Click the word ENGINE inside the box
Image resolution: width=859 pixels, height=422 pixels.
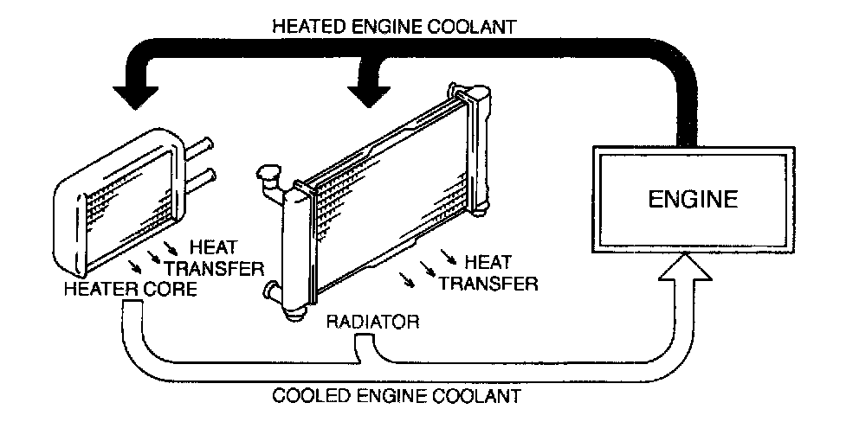[694, 200]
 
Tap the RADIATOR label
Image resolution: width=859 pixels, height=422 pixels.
[373, 322]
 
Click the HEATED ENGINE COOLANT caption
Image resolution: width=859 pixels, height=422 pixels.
[395, 26]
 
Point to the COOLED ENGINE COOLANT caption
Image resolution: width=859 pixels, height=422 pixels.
[397, 397]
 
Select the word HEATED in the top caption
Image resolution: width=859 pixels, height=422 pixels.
[304, 26]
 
